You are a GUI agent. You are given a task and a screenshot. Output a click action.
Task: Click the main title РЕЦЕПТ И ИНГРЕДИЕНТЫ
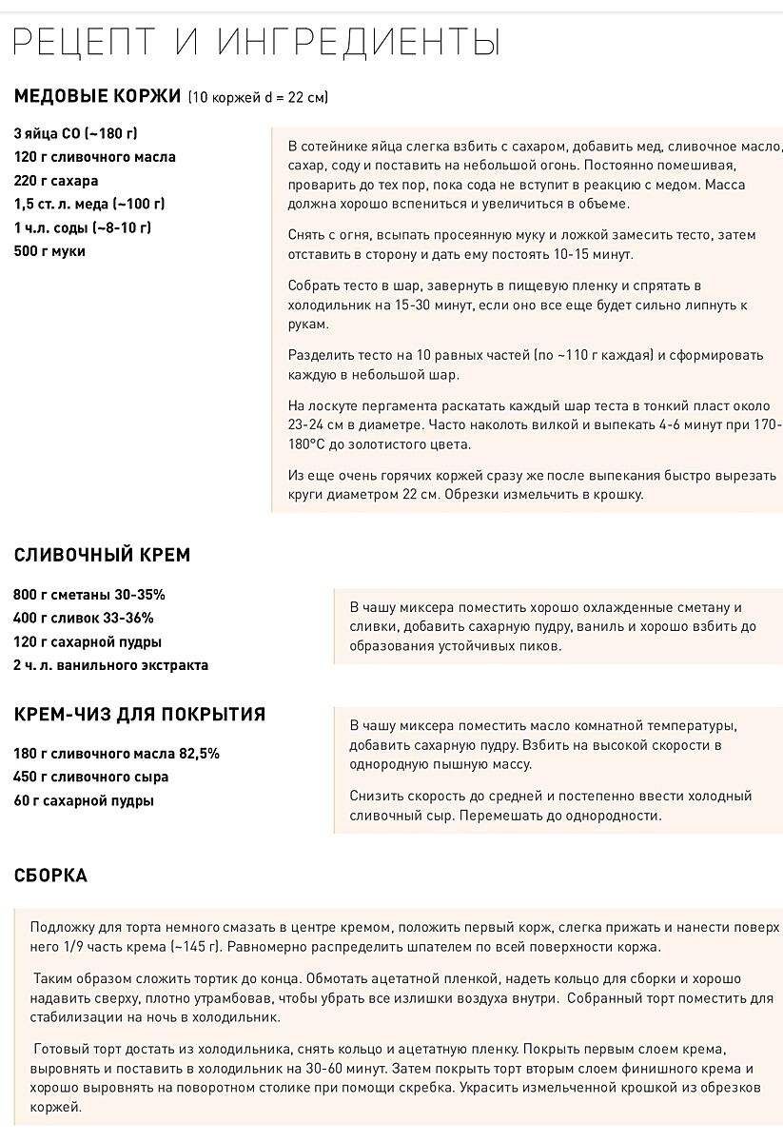coord(258,43)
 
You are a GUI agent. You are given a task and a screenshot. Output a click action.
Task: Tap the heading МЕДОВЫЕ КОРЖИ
coord(97,95)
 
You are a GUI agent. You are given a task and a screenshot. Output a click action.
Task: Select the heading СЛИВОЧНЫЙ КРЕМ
coord(102,555)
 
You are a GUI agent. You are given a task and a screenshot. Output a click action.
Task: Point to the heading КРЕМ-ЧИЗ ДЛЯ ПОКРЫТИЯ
coord(139,715)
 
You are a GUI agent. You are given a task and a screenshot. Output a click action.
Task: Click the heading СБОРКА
coord(50,876)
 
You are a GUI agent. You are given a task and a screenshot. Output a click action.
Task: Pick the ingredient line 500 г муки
coord(49,251)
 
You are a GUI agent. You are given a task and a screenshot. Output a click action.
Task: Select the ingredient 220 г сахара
coord(56,180)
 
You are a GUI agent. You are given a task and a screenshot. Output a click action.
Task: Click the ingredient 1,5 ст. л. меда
coord(89,204)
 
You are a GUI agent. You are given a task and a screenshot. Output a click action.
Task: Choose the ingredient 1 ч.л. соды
coord(82,227)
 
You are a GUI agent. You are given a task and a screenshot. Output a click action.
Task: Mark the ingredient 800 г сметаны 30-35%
coord(89,595)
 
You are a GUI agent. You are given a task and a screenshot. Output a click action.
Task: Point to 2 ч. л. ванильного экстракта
coord(110,665)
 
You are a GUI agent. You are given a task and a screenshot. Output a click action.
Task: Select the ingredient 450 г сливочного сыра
coord(90,777)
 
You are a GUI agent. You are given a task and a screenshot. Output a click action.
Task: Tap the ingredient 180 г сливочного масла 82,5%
coord(116,754)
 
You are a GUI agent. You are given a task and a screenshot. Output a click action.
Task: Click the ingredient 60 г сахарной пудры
coord(84,800)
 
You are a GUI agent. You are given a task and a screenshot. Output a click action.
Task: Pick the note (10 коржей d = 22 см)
coord(258,97)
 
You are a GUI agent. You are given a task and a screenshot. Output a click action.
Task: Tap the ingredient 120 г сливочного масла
coord(95,157)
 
